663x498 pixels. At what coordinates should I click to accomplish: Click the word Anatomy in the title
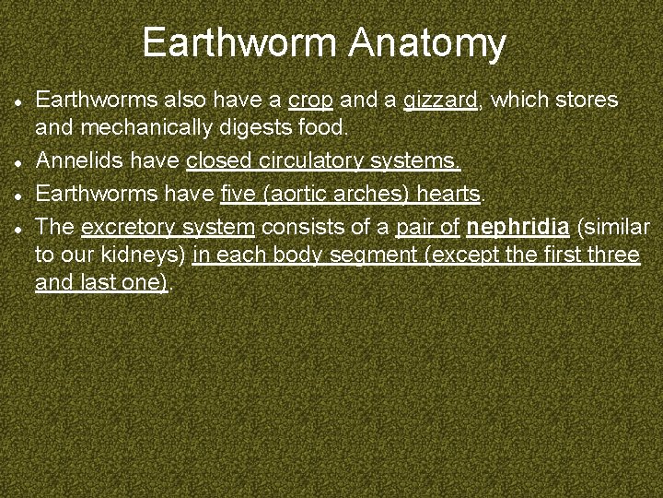click(428, 43)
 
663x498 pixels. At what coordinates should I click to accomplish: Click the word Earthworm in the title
click(241, 43)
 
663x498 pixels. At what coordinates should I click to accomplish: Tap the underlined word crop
click(310, 100)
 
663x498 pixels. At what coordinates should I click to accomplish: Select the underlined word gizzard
click(440, 100)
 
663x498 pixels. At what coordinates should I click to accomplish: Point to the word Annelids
click(78, 162)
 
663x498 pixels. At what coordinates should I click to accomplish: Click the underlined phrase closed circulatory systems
click(323, 162)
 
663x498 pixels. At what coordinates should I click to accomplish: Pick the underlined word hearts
click(450, 194)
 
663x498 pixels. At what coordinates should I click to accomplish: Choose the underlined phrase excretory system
click(168, 226)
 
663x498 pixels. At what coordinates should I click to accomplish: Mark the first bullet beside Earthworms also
click(18, 101)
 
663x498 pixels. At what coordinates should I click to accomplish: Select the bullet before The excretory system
click(18, 226)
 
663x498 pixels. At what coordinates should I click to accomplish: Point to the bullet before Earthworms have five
click(18, 195)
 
